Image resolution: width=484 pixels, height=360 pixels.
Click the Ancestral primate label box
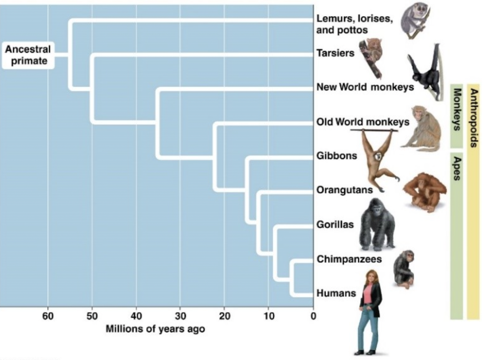pyautogui.click(x=28, y=55)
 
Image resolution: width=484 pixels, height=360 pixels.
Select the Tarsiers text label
pyautogui.click(x=335, y=53)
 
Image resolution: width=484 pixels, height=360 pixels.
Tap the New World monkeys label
pyautogui.click(x=365, y=87)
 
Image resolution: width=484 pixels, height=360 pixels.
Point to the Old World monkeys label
pyautogui.click(x=363, y=122)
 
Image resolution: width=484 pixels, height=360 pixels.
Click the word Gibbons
pyautogui.click(x=337, y=155)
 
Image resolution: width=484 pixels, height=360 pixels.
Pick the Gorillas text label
pyautogui.click(x=335, y=224)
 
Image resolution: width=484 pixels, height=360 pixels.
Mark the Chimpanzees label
pyautogui.click(x=349, y=259)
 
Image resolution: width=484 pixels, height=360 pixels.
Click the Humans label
pyautogui.click(x=336, y=293)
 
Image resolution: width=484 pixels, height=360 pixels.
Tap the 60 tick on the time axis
pyautogui.click(x=48, y=316)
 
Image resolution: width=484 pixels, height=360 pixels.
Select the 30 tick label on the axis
pyautogui.click(x=181, y=316)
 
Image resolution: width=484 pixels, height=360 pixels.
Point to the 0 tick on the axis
pyautogui.click(x=313, y=316)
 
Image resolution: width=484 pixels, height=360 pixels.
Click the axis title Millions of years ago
pyautogui.click(x=155, y=329)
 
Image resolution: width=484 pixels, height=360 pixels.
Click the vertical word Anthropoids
pyautogui.click(x=474, y=118)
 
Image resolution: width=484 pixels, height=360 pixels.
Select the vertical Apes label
pyautogui.click(x=457, y=167)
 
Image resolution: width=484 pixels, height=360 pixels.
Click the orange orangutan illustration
pyautogui.click(x=424, y=191)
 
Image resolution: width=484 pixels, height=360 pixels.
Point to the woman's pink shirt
pyautogui.click(x=368, y=293)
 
